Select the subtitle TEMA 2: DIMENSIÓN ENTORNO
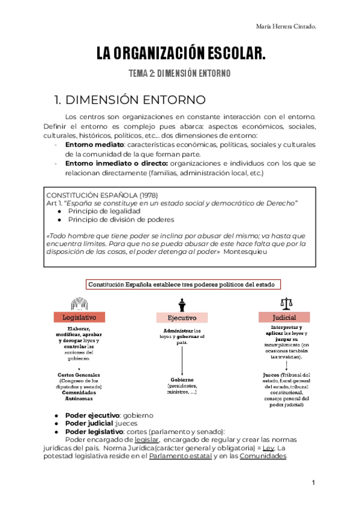(x=181, y=73)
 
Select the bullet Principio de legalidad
(x=104, y=211)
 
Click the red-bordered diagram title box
(x=182, y=285)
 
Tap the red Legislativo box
(x=80, y=318)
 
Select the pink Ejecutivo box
(x=182, y=318)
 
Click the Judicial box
(x=284, y=317)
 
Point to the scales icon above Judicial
(x=284, y=304)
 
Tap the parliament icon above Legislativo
(x=80, y=304)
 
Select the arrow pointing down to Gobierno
(x=181, y=358)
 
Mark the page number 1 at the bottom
(x=313, y=483)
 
